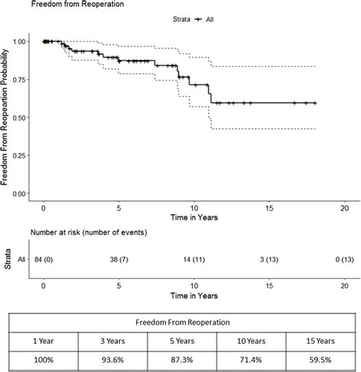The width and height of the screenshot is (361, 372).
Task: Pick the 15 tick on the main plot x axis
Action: [269, 207]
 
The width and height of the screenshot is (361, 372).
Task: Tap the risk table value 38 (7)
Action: [118, 259]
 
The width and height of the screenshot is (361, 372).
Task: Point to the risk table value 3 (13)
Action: [269, 259]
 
